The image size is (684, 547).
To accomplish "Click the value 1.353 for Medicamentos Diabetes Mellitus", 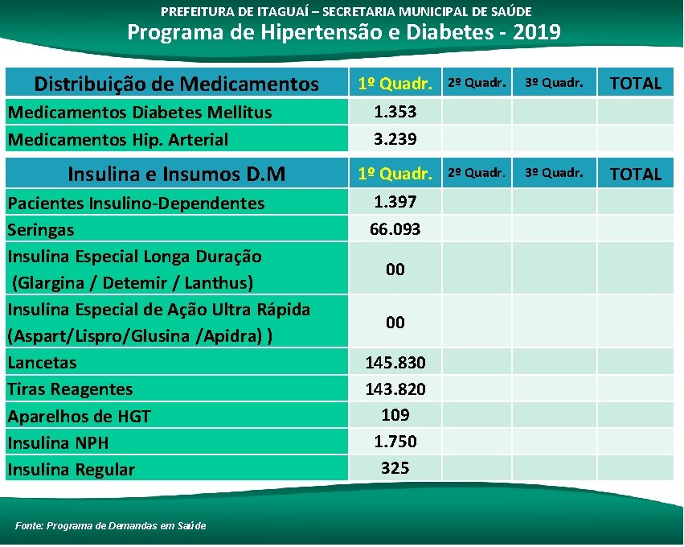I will (395, 112).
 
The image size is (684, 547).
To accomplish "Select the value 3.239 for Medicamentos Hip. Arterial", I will (395, 139).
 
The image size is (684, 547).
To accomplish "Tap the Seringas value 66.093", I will (395, 229).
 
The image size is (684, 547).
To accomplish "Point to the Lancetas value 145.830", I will (395, 363).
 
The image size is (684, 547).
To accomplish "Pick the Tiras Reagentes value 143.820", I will (395, 389).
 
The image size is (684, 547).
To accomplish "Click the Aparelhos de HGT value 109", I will (395, 415).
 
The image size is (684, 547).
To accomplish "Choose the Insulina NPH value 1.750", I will (395, 442).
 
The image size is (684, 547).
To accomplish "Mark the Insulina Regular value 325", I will (395, 467).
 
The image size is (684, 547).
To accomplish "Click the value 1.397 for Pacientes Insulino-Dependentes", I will (395, 202).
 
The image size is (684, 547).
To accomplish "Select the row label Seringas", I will (41, 230).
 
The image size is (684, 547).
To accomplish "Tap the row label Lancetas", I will (42, 363).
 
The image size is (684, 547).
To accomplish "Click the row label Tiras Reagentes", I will (70, 389).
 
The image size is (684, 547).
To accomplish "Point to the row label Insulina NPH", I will (58, 442).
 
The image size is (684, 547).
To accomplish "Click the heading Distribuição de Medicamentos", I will (176, 84).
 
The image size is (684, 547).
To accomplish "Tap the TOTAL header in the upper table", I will (635, 83).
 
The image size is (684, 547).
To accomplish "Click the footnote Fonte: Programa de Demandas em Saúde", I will (110, 525).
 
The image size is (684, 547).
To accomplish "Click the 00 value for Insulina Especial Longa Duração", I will (395, 269).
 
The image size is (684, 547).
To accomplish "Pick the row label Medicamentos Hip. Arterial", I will (117, 139).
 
